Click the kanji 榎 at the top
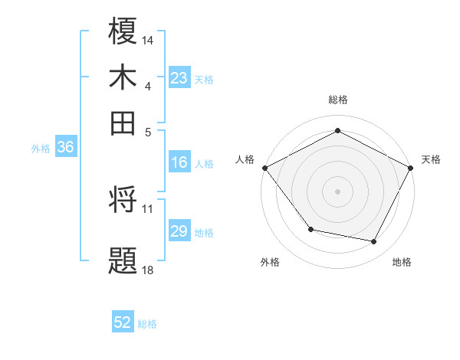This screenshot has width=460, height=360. (123, 32)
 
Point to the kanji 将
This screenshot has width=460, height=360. (123, 201)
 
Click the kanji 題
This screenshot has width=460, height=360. (123, 260)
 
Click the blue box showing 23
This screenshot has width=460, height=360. (179, 78)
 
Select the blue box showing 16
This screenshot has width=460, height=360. (179, 162)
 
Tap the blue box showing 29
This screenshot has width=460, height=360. (179, 231)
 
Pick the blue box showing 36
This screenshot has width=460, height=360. (65, 148)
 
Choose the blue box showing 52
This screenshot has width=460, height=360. (123, 322)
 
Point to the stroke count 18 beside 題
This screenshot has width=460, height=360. (148, 269)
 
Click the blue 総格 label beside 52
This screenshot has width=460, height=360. (147, 324)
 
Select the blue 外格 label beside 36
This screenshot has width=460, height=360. (41, 149)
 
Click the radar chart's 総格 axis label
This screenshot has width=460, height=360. (337, 100)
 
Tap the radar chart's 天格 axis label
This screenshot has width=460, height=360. (431, 159)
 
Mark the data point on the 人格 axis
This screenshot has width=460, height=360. (265, 167)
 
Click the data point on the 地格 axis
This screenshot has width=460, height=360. (374, 242)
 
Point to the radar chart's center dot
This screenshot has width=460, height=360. (337, 191)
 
